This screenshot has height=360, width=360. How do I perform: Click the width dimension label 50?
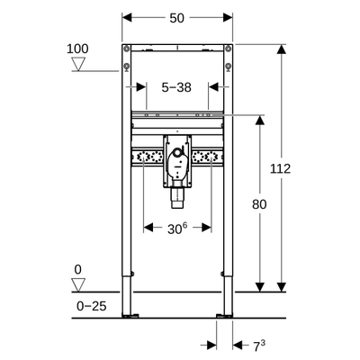177,18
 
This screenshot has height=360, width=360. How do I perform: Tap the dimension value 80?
259,205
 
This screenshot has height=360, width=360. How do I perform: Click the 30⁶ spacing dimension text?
177,229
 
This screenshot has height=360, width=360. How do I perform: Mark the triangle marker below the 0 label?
79,283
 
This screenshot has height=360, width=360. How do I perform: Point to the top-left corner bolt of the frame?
127,48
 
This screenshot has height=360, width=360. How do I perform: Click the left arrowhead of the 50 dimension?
126,18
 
